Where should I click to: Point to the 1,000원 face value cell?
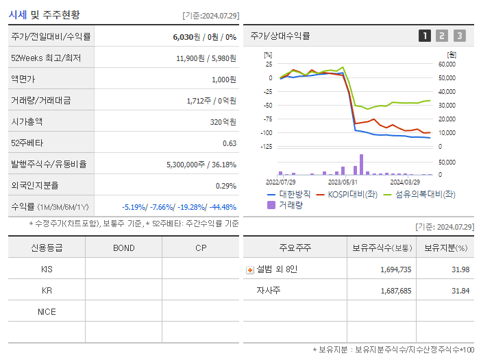pyautogui.click(x=223, y=80)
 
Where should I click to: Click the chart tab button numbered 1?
pyautogui.click(x=425, y=36)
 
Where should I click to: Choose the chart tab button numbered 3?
pyautogui.click(x=459, y=36)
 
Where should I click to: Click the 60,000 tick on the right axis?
pyautogui.click(x=447, y=64)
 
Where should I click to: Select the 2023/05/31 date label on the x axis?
pyautogui.click(x=343, y=182)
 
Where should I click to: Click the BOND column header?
pyautogui.click(x=123, y=248)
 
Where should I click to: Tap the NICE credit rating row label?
pyautogui.click(x=47, y=312)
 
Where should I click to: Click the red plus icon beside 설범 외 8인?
pyautogui.click(x=250, y=270)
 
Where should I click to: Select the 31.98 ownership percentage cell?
pyautogui.click(x=460, y=269)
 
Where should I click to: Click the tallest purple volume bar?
pyautogui.click(x=361, y=165)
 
